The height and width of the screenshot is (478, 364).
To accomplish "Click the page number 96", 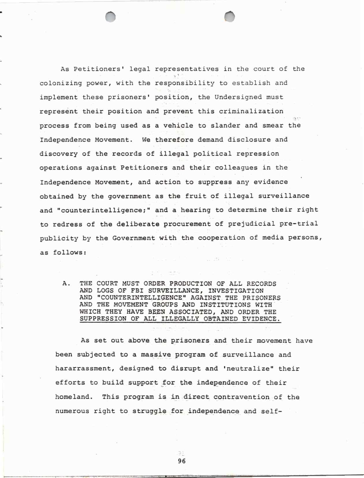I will pos(182,461).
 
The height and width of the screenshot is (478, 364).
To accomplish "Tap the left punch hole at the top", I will pos(110,17).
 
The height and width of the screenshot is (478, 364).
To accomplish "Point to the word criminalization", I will pos(251,111).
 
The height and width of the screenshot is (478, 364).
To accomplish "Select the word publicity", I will pos(59,239).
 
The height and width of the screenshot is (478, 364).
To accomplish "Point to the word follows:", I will pos(70,253).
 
